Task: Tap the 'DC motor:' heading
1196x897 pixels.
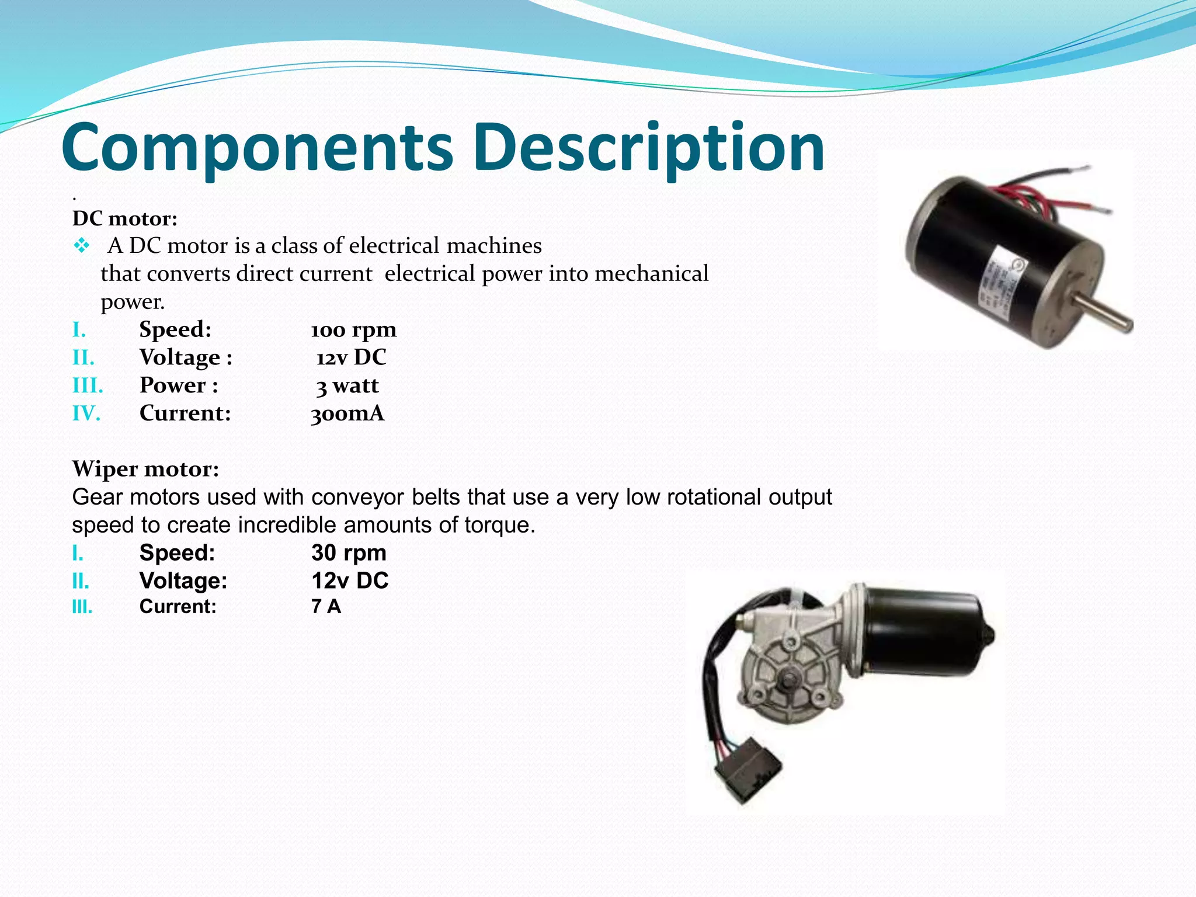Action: tap(124, 218)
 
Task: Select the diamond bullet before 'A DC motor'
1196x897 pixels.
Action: tap(82, 246)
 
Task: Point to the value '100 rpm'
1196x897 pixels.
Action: tap(353, 330)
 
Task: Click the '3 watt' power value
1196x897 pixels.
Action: tap(347, 385)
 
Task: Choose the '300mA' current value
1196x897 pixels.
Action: tap(347, 413)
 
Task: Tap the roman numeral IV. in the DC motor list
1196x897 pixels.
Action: tap(86, 413)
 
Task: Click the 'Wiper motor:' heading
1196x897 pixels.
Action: tap(145, 468)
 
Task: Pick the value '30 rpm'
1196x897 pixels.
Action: tap(349, 552)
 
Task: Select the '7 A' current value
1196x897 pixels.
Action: tap(326, 606)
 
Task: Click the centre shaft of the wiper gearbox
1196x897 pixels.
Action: tap(788, 680)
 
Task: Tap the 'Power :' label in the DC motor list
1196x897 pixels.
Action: tap(179, 385)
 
